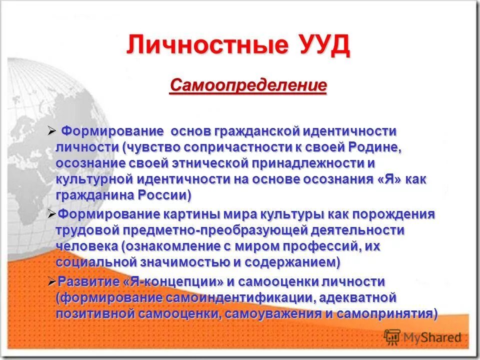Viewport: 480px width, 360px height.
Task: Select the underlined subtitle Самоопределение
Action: pyautogui.click(x=248, y=85)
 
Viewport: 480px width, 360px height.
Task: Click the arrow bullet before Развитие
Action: pyautogui.click(x=52, y=282)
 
